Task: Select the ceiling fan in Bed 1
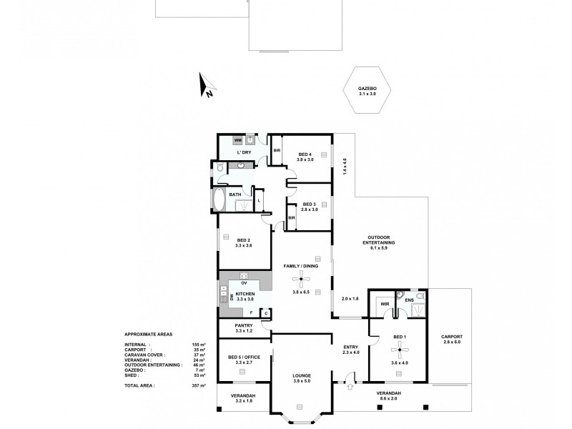coord(398,351)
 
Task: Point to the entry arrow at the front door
coord(350,388)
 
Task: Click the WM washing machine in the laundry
coord(238,141)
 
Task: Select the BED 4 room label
coord(305,154)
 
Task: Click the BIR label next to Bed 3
coord(292,217)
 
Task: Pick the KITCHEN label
coord(245,294)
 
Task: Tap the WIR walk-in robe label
coord(384,304)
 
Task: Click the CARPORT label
coord(452,337)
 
